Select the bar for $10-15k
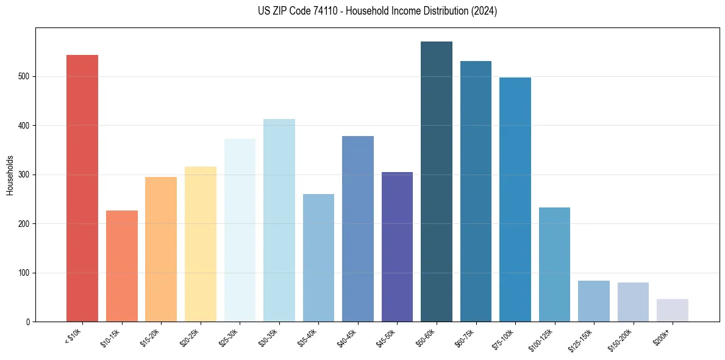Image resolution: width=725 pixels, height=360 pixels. [121, 266]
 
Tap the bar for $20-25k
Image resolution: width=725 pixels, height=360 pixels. [200, 244]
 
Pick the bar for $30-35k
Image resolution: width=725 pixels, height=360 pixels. [279, 220]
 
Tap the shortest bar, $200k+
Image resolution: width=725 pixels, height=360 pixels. [672, 310]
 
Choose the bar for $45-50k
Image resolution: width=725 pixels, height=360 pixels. [397, 247]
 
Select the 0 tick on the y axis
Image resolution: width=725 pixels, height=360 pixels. [28, 322]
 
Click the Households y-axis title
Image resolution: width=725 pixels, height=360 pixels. [10, 175]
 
